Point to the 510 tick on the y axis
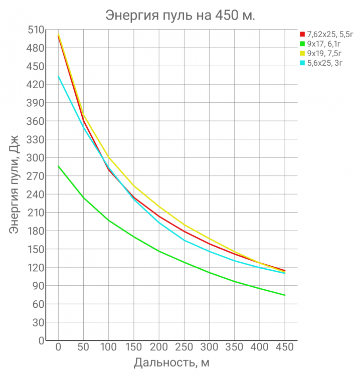click(x=36, y=30)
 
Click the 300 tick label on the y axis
click(x=36, y=158)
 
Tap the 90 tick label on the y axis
click(x=38, y=286)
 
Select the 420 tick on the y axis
click(x=36, y=85)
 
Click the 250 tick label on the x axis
click(x=184, y=347)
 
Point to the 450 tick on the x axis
click(x=285, y=347)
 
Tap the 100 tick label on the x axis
click(x=108, y=347)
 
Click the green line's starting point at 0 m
click(x=58, y=166)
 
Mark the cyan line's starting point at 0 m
click(x=58, y=76)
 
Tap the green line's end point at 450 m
click(x=285, y=295)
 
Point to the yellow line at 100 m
click(x=108, y=157)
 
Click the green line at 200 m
click(x=159, y=251)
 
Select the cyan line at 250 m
click(x=184, y=240)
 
